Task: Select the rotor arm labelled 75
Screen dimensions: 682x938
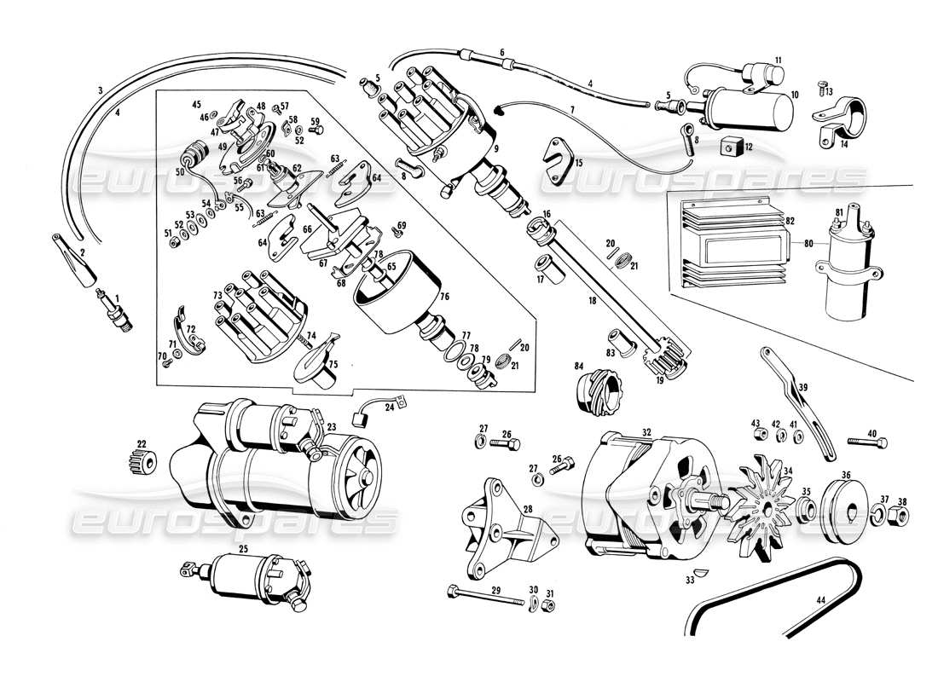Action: pyautogui.click(x=313, y=361)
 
